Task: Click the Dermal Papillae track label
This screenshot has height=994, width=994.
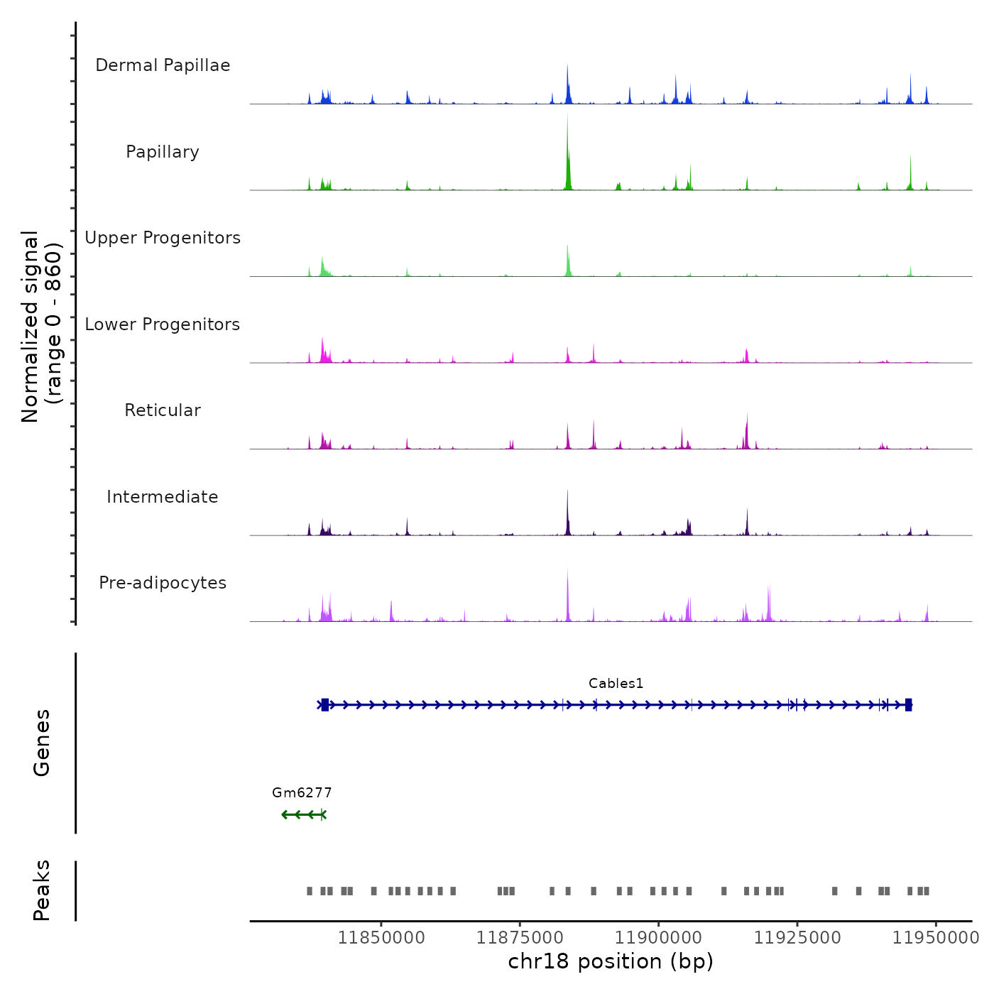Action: coord(163,65)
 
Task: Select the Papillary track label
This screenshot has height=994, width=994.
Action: coord(163,152)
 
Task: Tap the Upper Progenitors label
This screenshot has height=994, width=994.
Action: coord(163,238)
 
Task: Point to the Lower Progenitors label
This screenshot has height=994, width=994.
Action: coord(163,324)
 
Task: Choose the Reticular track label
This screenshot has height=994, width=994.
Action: coord(163,410)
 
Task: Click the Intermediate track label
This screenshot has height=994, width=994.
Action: coord(163,497)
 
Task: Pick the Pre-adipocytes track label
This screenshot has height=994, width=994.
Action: coord(163,583)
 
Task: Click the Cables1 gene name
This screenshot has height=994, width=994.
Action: coord(616,684)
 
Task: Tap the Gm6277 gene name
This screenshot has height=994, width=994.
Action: coord(302,793)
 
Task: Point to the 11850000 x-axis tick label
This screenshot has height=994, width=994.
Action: coord(381,938)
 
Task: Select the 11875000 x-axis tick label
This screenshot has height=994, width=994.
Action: coord(520,938)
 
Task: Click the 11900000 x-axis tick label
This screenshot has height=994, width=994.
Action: coord(658,938)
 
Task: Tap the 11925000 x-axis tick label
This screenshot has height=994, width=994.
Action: coord(797,938)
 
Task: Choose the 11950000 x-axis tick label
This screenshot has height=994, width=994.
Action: coord(935,938)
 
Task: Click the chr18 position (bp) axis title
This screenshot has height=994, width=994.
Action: coord(611,962)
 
